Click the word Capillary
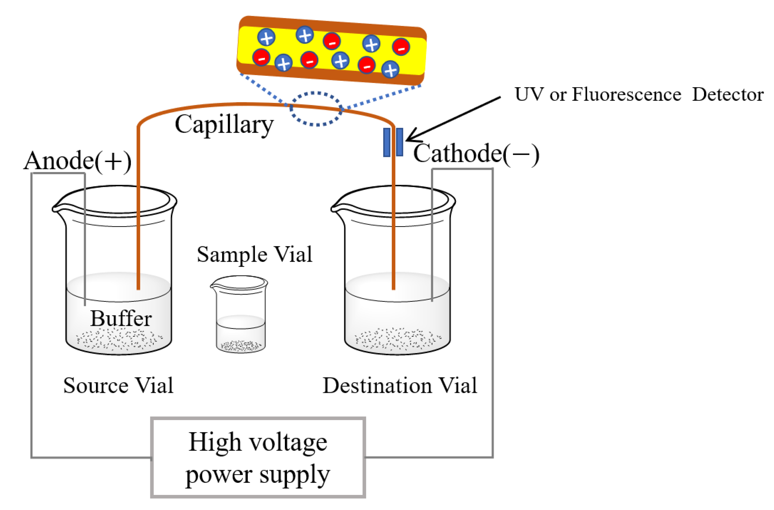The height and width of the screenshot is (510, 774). pyautogui.click(x=224, y=125)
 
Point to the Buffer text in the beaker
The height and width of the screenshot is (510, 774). pyautogui.click(x=121, y=318)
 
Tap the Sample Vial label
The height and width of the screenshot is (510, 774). pyautogui.click(x=254, y=254)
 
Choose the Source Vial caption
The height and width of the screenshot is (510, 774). pyautogui.click(x=118, y=386)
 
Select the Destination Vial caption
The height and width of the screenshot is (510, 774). pyautogui.click(x=400, y=386)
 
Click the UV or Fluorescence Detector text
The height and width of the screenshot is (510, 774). pyautogui.click(x=639, y=95)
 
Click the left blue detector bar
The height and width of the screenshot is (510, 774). pyautogui.click(x=387, y=142)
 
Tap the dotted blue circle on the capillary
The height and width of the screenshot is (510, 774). pyautogui.click(x=316, y=109)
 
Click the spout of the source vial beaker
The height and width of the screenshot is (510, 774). pyautogui.click(x=56, y=208)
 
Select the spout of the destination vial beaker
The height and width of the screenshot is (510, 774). pyautogui.click(x=335, y=208)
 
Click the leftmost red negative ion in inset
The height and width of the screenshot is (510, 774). pyautogui.click(x=261, y=58)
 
